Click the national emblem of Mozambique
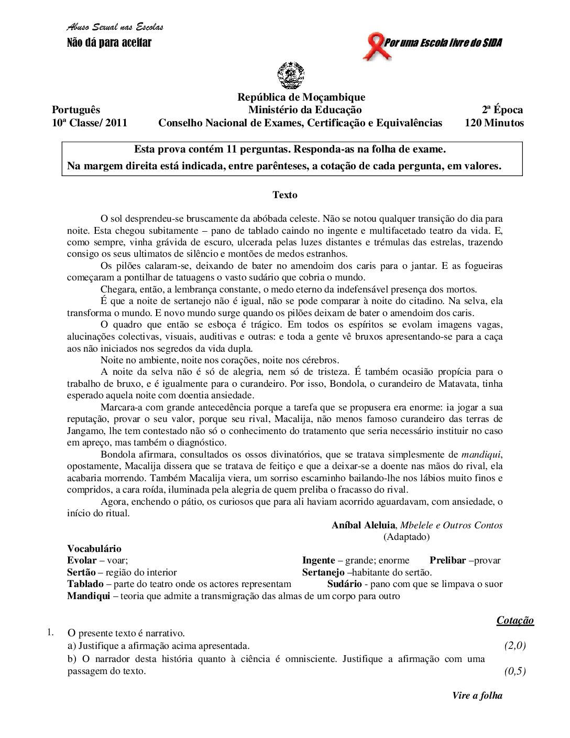[291, 75]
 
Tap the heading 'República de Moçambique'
[301, 97]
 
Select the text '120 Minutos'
[494, 123]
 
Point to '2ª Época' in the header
[502, 110]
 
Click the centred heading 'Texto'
[285, 195]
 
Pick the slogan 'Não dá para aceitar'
[109, 43]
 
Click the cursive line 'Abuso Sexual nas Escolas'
[115, 27]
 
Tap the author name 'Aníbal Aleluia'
[364, 525]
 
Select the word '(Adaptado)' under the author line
[407, 537]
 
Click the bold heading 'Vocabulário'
[94, 549]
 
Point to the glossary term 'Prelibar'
[448, 561]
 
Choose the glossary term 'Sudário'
[345, 584]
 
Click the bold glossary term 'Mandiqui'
[89, 596]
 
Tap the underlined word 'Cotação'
[515, 621]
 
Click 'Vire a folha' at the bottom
[477, 696]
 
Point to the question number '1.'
[50, 632]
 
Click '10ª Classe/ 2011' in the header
[90, 123]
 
